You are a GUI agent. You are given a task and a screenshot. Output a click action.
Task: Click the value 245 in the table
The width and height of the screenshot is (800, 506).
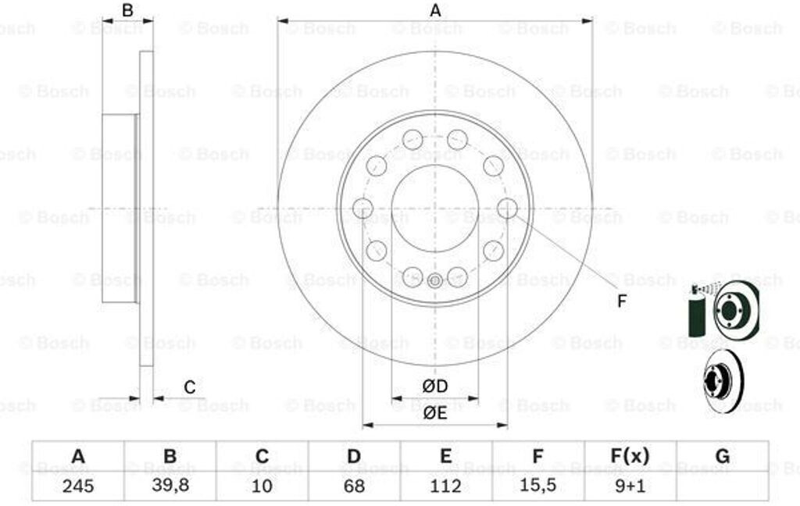click(78, 486)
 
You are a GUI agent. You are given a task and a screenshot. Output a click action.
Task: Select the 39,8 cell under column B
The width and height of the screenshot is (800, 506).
click(170, 486)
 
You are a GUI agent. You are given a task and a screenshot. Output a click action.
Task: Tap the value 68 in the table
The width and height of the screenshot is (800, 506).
click(354, 486)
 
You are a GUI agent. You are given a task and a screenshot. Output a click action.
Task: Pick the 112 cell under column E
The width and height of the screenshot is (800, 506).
click(446, 486)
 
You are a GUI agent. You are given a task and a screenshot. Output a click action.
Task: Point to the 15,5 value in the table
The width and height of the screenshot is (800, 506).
click(537, 486)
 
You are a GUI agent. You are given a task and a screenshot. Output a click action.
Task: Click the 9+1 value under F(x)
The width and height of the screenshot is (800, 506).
click(630, 486)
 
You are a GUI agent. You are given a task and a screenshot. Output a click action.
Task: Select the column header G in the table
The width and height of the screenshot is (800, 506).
click(723, 455)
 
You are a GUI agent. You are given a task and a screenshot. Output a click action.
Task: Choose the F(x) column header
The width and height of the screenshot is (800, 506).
click(630, 455)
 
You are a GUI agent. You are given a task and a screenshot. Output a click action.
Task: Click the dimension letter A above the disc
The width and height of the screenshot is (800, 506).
click(435, 10)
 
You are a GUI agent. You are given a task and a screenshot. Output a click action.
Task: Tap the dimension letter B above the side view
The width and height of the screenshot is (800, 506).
click(127, 10)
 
